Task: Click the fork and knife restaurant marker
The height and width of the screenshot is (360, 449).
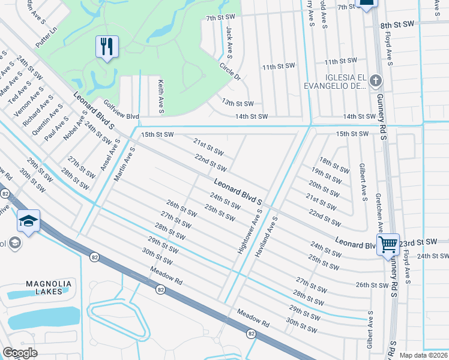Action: coord(107,47)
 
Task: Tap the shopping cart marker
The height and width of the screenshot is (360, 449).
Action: coord(388,244)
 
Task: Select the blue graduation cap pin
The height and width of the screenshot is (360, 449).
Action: coord(28,221)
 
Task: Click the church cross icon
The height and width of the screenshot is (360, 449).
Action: coord(375,80)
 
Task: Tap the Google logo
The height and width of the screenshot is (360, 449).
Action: coord(20,353)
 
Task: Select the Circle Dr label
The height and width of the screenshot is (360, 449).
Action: coord(230,73)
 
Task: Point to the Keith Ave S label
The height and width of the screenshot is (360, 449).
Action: coord(161,97)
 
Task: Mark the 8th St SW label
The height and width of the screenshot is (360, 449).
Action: coord(397,25)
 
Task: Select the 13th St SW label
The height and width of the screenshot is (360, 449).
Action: coord(238,104)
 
